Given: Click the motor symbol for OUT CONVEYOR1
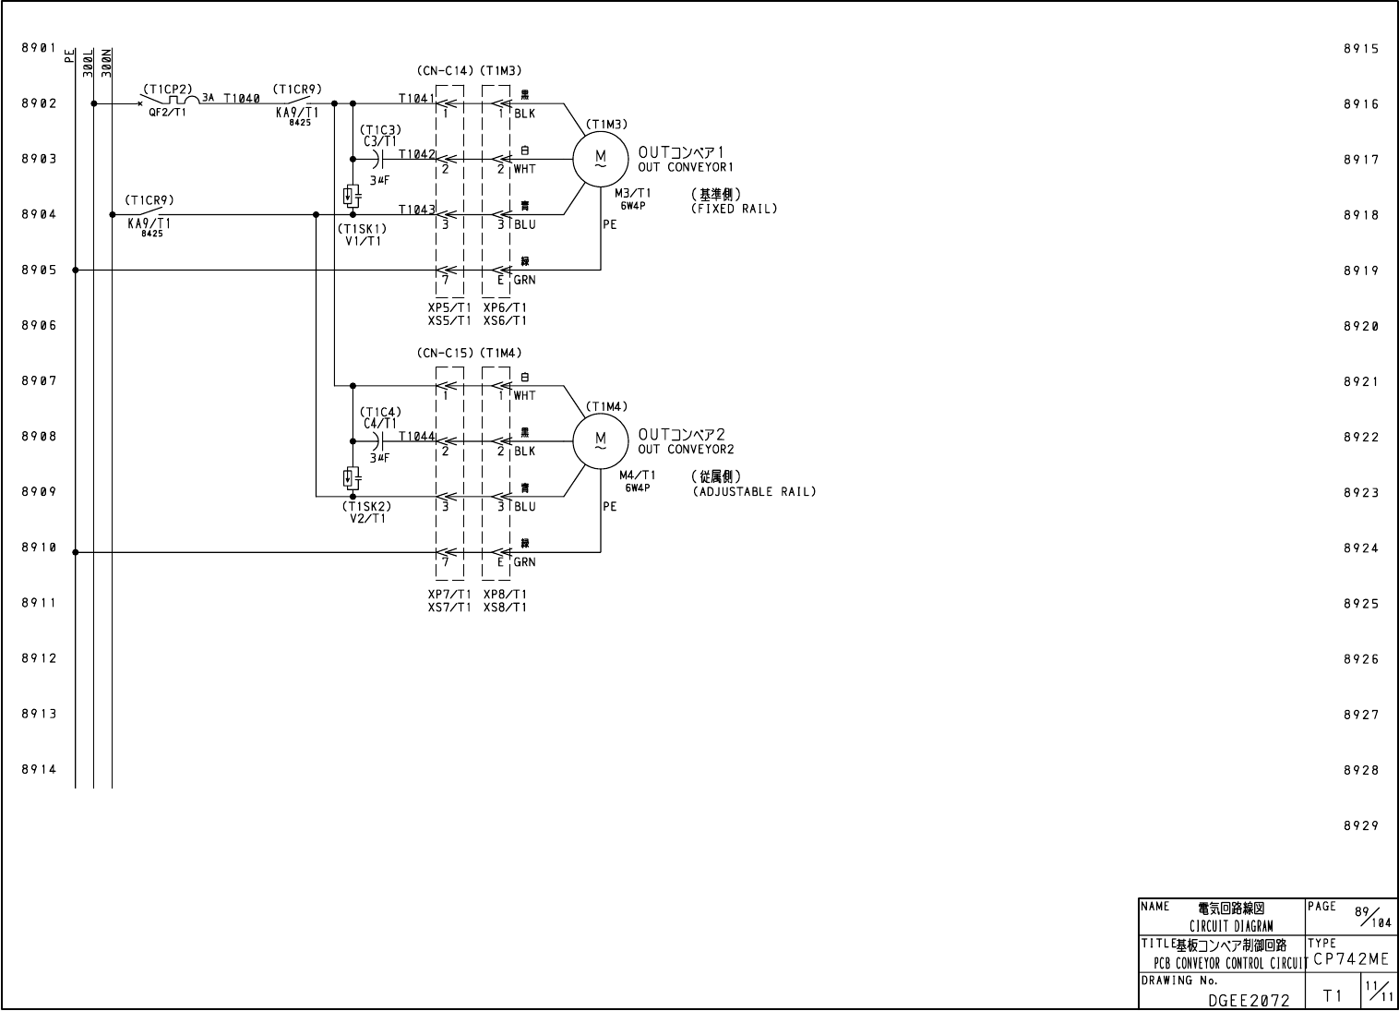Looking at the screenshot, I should pos(600,159).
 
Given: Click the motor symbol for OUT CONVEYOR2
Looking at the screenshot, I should pos(600,441).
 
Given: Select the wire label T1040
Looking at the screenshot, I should pos(242,97).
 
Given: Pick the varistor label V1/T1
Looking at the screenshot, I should pos(363,241).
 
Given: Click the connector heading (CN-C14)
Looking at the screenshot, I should pos(445,70).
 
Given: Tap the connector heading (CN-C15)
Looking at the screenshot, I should pos(445,353).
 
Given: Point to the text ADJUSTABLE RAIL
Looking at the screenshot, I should pos(754,491).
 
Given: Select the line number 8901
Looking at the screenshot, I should pos(39,47).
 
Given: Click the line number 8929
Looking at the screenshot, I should pos(1360,826).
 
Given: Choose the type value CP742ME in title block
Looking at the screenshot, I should pos(1350,959).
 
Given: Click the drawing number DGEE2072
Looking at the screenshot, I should pos(1249,998).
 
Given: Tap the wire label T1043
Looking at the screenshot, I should pos(416,210).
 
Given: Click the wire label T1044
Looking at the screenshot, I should pos(416,436).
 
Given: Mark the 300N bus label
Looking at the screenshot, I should pos(106,61).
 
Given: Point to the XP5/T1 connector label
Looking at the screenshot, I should pos(449,307).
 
